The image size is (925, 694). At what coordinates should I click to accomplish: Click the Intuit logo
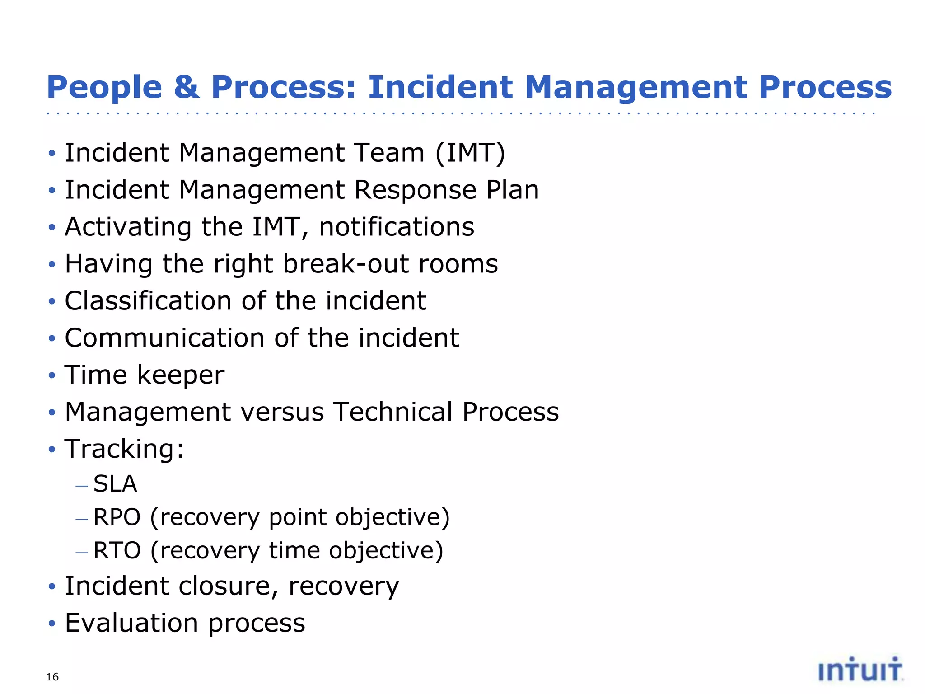tap(860, 670)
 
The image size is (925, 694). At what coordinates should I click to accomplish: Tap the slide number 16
tap(52, 676)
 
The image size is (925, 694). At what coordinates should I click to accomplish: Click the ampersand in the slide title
tap(186, 87)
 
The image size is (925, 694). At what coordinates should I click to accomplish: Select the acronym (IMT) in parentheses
tap(470, 153)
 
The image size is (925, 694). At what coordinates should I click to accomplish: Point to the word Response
tap(415, 190)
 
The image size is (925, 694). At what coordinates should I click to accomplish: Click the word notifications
tap(397, 227)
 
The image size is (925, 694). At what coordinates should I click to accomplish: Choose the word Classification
tap(148, 301)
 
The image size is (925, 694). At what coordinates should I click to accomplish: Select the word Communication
tap(164, 338)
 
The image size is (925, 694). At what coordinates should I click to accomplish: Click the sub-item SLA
tap(115, 484)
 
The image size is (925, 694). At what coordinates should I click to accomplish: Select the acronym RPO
tap(117, 517)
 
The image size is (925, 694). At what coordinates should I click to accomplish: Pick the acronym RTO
tap(117, 550)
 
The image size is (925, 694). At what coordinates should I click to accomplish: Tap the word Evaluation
tap(131, 623)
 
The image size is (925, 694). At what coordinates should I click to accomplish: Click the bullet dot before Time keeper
tap(52, 375)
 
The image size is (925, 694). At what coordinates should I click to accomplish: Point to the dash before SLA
tap(81, 486)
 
